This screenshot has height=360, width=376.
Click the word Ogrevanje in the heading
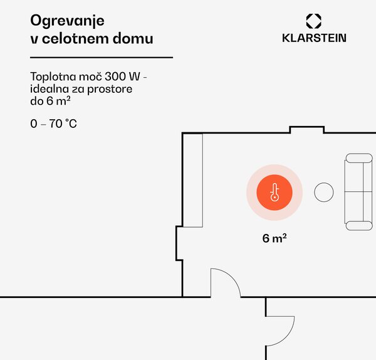click(x=68, y=21)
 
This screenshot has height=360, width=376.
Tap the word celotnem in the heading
click(x=76, y=38)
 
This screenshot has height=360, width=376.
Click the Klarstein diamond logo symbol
click(x=314, y=21)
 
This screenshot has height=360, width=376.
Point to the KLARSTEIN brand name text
click(x=314, y=38)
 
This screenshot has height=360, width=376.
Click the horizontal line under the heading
click(x=102, y=58)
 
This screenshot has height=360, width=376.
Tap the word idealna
click(x=50, y=89)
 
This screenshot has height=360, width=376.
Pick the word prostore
click(x=110, y=90)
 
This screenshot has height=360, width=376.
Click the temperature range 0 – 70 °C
click(x=53, y=124)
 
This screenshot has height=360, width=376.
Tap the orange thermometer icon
click(x=274, y=193)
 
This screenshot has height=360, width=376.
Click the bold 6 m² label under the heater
click(x=274, y=238)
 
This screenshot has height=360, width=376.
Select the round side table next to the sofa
click(x=324, y=193)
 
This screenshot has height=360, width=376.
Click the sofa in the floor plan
click(x=358, y=192)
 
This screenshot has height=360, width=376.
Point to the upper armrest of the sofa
click(x=359, y=158)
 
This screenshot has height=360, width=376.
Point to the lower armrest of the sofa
click(x=359, y=226)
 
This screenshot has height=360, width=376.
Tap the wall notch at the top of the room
click(x=307, y=127)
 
